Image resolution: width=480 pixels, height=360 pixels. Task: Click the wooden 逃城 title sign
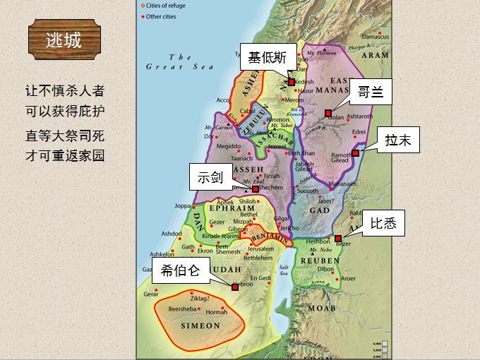tap(64, 40)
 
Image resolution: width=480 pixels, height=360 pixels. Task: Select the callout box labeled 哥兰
tap(370, 92)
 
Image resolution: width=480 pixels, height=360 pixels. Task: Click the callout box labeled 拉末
tap(398, 140)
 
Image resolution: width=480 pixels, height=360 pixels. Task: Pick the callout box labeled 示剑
tap(210, 176)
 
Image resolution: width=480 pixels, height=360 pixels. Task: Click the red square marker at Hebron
tap(235, 287)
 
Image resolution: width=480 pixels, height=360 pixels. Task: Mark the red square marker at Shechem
tap(256, 188)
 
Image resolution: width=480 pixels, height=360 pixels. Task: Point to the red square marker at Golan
tap(328, 113)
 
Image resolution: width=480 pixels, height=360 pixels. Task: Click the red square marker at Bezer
tap(338, 239)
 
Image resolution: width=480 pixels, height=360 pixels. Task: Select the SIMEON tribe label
tap(200, 326)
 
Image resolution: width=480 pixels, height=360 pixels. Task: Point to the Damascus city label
tap(376, 37)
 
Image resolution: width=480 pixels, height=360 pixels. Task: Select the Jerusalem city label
tap(260, 249)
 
